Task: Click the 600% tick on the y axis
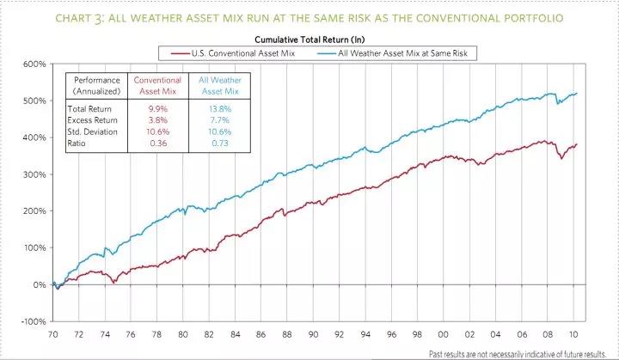[x=34, y=64]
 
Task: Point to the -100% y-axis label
[x=33, y=321]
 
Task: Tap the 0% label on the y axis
[x=39, y=284]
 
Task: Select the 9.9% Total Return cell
[x=157, y=108]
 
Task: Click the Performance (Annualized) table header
[x=97, y=85]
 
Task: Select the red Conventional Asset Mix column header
[x=157, y=85]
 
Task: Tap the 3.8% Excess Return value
[x=157, y=119]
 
